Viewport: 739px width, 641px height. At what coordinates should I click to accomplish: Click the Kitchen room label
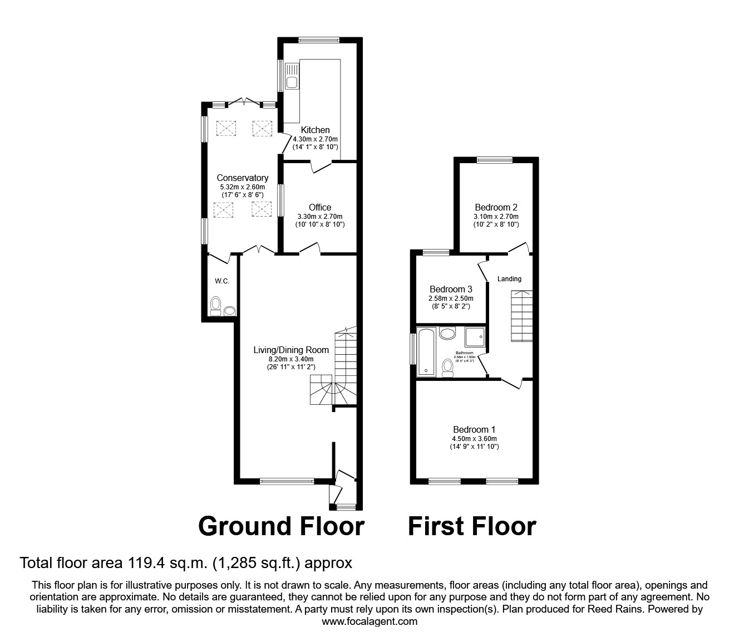tap(316, 130)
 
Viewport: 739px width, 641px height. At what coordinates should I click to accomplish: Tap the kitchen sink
tap(292, 79)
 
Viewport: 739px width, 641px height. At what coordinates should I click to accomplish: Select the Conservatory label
tap(243, 178)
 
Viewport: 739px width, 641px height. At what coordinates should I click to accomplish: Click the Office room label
tap(320, 208)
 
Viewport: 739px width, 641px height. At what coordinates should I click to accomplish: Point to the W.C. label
tap(222, 281)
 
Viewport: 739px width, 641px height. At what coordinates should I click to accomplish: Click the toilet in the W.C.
tap(216, 306)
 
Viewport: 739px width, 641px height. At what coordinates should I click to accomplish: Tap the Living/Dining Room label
tap(291, 350)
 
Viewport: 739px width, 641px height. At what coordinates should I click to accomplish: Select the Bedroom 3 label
tap(451, 290)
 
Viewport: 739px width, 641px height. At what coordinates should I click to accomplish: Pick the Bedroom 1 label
tap(474, 429)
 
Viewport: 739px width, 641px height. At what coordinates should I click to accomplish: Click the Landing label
tap(509, 279)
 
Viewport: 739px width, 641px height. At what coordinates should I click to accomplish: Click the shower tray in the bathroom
tap(472, 338)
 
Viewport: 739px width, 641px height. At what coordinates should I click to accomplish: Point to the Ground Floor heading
tap(281, 526)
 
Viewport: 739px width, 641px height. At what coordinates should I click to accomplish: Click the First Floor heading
tap(472, 526)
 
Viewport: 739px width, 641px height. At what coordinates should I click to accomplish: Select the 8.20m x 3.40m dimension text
tap(291, 359)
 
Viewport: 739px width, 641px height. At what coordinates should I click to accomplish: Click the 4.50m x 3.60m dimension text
tap(474, 438)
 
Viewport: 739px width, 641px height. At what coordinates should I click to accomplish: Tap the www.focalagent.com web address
tap(369, 622)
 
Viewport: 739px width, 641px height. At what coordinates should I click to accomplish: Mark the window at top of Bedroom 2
tap(494, 160)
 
